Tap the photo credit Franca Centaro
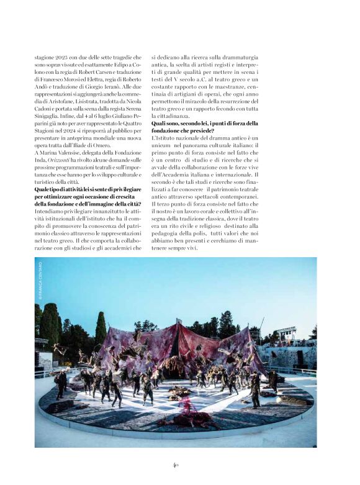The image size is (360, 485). (38, 281)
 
